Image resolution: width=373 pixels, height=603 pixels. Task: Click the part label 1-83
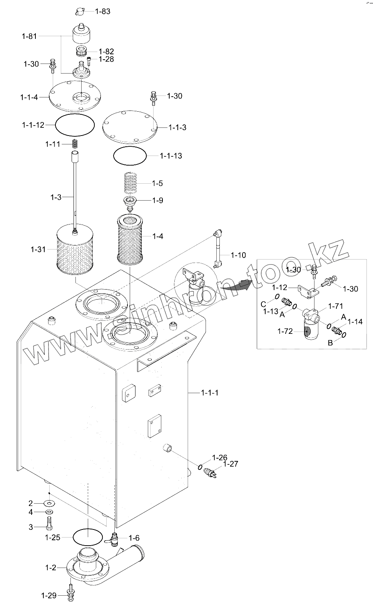102,11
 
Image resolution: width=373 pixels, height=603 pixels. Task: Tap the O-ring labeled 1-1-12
75,125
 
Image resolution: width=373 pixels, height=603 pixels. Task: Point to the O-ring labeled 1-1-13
130,156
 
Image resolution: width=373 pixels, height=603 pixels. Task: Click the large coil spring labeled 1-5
130,183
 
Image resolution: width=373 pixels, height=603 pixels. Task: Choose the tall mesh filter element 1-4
130,237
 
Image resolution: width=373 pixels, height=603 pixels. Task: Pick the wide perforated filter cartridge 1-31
75,250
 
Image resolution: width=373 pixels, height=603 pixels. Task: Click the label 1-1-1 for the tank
210,393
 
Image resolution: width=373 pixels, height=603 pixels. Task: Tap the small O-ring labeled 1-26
200,467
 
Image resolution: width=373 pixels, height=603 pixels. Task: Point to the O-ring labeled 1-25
88,537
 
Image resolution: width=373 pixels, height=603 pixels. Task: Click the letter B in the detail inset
330,343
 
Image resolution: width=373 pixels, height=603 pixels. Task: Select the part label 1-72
285,331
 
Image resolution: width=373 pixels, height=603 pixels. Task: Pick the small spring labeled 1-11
75,144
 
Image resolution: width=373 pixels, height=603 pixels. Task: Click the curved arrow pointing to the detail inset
238,285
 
